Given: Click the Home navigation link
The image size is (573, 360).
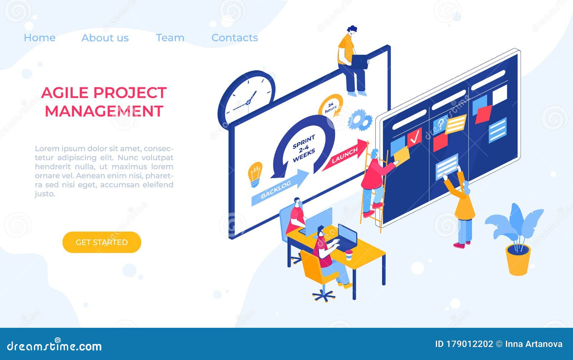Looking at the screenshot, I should (x=39, y=38).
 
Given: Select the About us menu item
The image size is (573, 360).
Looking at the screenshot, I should (x=105, y=38).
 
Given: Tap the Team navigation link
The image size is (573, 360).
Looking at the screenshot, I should (x=170, y=38).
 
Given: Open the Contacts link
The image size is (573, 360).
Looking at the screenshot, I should (x=235, y=38).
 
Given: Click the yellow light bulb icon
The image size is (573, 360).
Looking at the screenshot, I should (x=255, y=174).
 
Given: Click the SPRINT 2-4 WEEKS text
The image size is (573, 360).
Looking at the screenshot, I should (x=304, y=148).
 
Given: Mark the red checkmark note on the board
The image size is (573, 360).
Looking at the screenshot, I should (x=415, y=137).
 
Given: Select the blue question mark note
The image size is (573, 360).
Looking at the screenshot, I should (x=440, y=124).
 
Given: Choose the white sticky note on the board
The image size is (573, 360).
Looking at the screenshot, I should (x=500, y=94).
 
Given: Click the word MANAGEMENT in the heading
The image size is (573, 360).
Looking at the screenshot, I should (x=104, y=111).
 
